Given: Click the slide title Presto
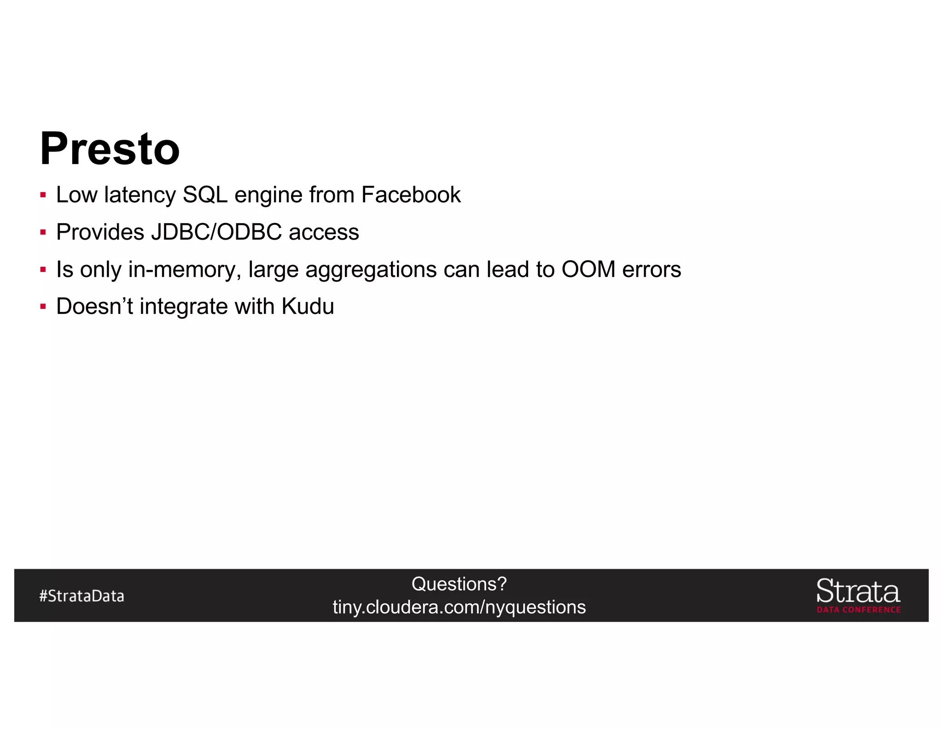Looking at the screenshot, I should click(x=110, y=148).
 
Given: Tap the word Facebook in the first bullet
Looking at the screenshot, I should click(x=411, y=194).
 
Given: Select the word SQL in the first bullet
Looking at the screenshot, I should click(x=205, y=195).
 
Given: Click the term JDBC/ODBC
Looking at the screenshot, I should click(x=216, y=232).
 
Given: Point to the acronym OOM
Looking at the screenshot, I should click(x=588, y=269).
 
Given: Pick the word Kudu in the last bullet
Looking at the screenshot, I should click(x=308, y=306).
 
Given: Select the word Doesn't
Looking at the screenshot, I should click(x=94, y=306).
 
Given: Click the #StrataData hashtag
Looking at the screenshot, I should click(x=81, y=596).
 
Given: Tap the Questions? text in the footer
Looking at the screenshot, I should click(x=459, y=584).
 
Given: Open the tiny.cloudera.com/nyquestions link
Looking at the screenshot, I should click(x=459, y=607).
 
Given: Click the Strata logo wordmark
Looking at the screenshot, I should click(x=858, y=591).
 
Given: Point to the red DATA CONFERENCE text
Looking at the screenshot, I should click(x=858, y=610).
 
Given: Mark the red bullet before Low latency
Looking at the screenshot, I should click(x=43, y=195).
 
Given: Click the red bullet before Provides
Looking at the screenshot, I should click(x=43, y=232).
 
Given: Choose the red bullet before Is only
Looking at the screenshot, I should click(x=43, y=270).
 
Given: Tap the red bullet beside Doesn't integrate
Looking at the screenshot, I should click(x=43, y=306).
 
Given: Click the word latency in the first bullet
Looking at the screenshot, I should click(x=140, y=195).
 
